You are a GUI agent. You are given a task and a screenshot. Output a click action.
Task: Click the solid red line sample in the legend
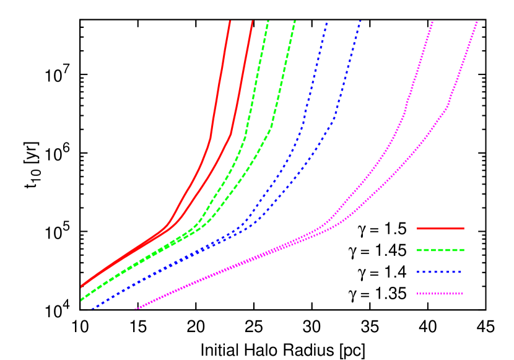click(440, 229)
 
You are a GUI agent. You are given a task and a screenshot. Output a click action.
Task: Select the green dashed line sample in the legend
click(440, 250)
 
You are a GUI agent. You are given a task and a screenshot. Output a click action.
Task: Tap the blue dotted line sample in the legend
click(440, 272)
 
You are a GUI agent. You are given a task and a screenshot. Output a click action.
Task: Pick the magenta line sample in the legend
click(440, 294)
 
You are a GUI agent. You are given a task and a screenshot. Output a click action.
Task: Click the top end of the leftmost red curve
click(230, 22)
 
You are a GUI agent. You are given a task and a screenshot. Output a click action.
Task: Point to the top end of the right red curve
click(252, 22)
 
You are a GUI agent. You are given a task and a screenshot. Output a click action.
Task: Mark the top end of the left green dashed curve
click(268, 22)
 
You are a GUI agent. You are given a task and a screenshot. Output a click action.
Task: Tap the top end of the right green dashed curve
click(294, 22)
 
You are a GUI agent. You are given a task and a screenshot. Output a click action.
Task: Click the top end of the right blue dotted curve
click(360, 22)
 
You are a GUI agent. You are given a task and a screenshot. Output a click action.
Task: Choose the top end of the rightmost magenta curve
click(477, 22)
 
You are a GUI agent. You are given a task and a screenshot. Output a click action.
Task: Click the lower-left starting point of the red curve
click(81, 286)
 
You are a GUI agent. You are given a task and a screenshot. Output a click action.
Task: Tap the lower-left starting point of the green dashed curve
click(81, 300)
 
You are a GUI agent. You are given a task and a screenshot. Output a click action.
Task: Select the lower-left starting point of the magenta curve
click(136, 309)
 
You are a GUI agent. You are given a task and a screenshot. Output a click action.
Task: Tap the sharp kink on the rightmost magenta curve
click(447, 108)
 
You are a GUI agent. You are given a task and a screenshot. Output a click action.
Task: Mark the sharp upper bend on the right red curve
click(231, 133)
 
